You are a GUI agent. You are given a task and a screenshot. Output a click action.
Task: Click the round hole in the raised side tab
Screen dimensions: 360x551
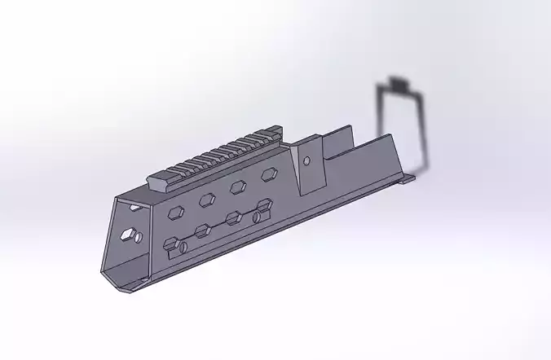point(306,161)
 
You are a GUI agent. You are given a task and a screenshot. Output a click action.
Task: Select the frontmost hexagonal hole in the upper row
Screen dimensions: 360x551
point(174,213)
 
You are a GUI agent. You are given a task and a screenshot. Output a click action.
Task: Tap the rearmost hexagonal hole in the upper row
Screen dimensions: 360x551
point(267,174)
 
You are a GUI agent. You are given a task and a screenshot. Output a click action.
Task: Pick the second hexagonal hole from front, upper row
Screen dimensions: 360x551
point(207,200)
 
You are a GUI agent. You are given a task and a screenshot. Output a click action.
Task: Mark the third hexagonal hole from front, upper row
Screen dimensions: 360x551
point(238,187)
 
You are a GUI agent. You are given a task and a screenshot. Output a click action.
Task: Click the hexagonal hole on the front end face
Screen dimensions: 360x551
point(127,235)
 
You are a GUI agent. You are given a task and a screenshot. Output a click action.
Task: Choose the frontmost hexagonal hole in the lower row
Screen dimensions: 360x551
point(170,244)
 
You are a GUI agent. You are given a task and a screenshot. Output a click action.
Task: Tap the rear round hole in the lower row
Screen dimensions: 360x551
point(256,217)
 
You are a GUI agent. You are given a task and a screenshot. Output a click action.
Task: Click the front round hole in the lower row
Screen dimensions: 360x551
point(183,248)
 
